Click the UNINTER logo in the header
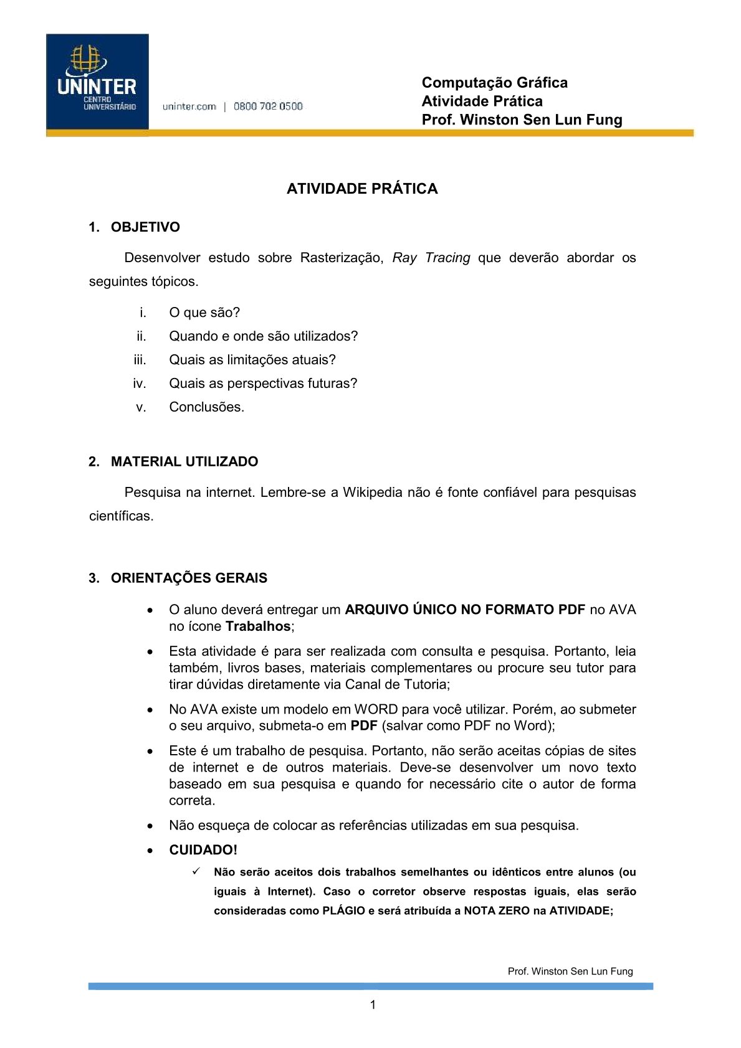pyautogui.click(x=97, y=82)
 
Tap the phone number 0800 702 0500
pyautogui.click(x=268, y=106)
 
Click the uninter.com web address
pyautogui.click(x=189, y=106)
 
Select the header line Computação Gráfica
pyautogui.click(x=494, y=83)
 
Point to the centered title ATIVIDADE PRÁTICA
pyautogui.click(x=362, y=189)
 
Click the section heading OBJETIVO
pyautogui.click(x=145, y=227)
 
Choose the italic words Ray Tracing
pyautogui.click(x=431, y=258)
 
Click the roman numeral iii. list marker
pyautogui.click(x=140, y=360)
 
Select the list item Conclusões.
pyautogui.click(x=206, y=407)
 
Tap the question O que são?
pyautogui.click(x=204, y=313)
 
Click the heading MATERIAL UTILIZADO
pyautogui.click(x=184, y=461)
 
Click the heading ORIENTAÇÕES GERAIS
pyautogui.click(x=189, y=578)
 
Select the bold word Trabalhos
pyautogui.click(x=258, y=626)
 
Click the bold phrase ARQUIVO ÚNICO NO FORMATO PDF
pyautogui.click(x=464, y=610)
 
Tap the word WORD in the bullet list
pyautogui.click(x=376, y=709)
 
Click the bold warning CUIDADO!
pyautogui.click(x=203, y=850)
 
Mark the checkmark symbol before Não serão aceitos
pyautogui.click(x=196, y=871)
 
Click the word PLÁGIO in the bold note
pyautogui.click(x=343, y=910)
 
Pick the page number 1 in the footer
pyautogui.click(x=373, y=1004)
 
